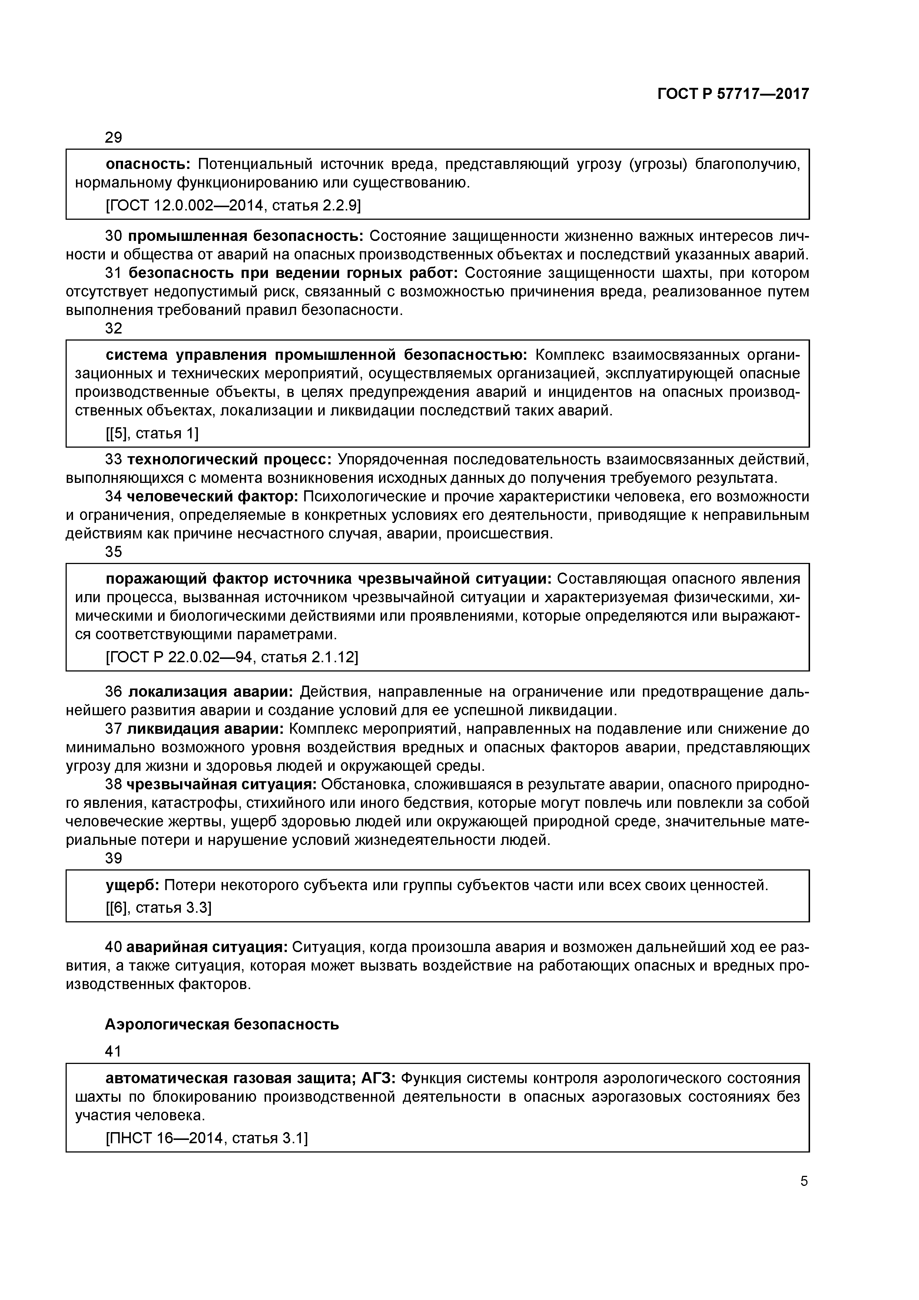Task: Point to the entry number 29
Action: click(114, 137)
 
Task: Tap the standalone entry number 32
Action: click(114, 328)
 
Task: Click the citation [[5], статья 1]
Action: click(152, 433)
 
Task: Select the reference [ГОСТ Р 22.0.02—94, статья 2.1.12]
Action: click(232, 657)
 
